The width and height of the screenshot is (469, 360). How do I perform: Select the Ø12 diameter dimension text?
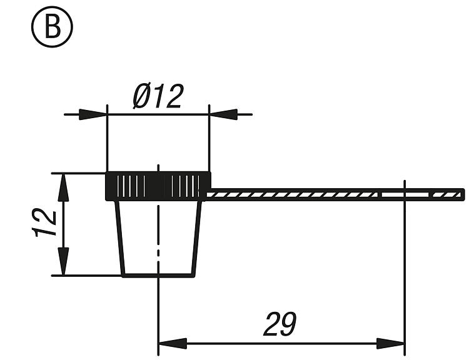(158, 97)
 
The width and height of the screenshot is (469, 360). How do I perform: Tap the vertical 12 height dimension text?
(45, 223)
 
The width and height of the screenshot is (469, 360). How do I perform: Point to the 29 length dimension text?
(279, 324)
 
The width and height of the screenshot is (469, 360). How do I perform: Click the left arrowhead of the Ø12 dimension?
(94, 114)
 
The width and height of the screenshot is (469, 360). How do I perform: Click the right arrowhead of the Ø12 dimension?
(223, 114)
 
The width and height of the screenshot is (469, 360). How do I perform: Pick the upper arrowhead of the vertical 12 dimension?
(63, 187)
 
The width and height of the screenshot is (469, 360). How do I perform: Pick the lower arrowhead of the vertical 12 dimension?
(63, 261)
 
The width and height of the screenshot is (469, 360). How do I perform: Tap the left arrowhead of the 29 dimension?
(173, 344)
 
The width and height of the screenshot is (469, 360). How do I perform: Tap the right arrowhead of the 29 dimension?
(391, 344)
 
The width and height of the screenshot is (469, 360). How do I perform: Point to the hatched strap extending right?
(294, 195)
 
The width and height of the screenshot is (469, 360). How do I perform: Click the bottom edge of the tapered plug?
(158, 275)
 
